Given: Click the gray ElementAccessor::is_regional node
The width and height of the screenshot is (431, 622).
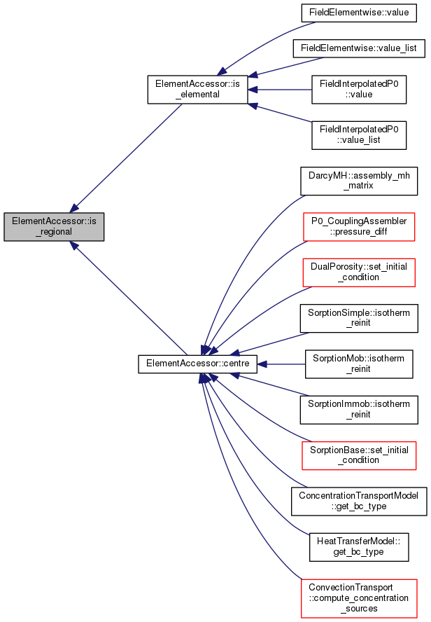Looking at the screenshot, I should point(54,226).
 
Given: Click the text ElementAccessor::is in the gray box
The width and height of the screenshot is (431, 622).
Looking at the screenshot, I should point(54,221).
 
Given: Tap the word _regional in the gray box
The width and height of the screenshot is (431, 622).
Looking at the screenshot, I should point(54,232).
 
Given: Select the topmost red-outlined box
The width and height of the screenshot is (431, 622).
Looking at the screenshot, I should point(359,227).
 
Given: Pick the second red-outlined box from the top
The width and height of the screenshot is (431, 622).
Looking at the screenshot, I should point(358,272).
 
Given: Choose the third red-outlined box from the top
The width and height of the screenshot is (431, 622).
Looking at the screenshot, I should point(359,455).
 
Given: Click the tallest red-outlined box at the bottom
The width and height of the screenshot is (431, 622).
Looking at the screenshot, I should point(359,598).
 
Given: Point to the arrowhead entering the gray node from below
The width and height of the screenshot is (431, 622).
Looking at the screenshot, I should point(73,244).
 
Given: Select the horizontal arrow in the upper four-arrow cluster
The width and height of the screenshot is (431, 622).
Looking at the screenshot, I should point(280,90).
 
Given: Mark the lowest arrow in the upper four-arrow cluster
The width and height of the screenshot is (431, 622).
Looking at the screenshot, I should point(280,113).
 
